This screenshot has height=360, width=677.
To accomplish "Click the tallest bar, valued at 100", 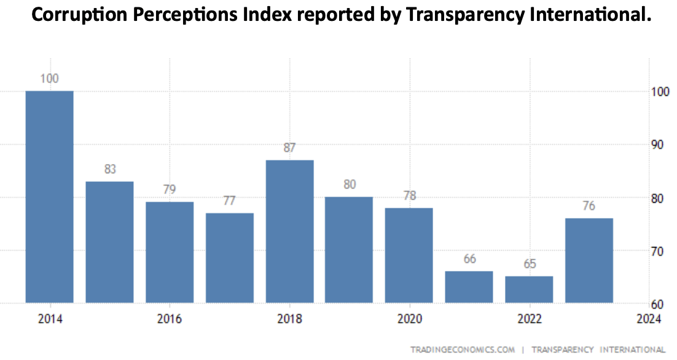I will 49,197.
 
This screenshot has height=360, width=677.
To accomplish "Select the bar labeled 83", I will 109,242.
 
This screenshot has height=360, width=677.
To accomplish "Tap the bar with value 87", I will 290,231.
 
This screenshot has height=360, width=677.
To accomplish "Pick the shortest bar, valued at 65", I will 530,289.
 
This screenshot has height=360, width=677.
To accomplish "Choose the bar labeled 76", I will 589,260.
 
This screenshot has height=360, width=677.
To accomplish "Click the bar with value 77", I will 230,258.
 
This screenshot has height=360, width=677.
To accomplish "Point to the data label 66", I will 470,259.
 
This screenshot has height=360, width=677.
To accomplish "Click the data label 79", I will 170,189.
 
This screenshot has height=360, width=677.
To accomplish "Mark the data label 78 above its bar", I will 410,196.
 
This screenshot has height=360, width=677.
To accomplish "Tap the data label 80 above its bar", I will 350,184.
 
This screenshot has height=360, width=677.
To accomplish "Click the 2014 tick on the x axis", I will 49,319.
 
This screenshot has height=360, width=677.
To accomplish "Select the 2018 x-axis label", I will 289,319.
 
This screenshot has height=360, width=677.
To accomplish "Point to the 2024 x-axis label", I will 648,319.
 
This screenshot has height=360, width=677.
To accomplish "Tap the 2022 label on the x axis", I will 530,319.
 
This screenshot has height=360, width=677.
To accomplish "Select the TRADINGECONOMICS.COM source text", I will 463,350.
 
